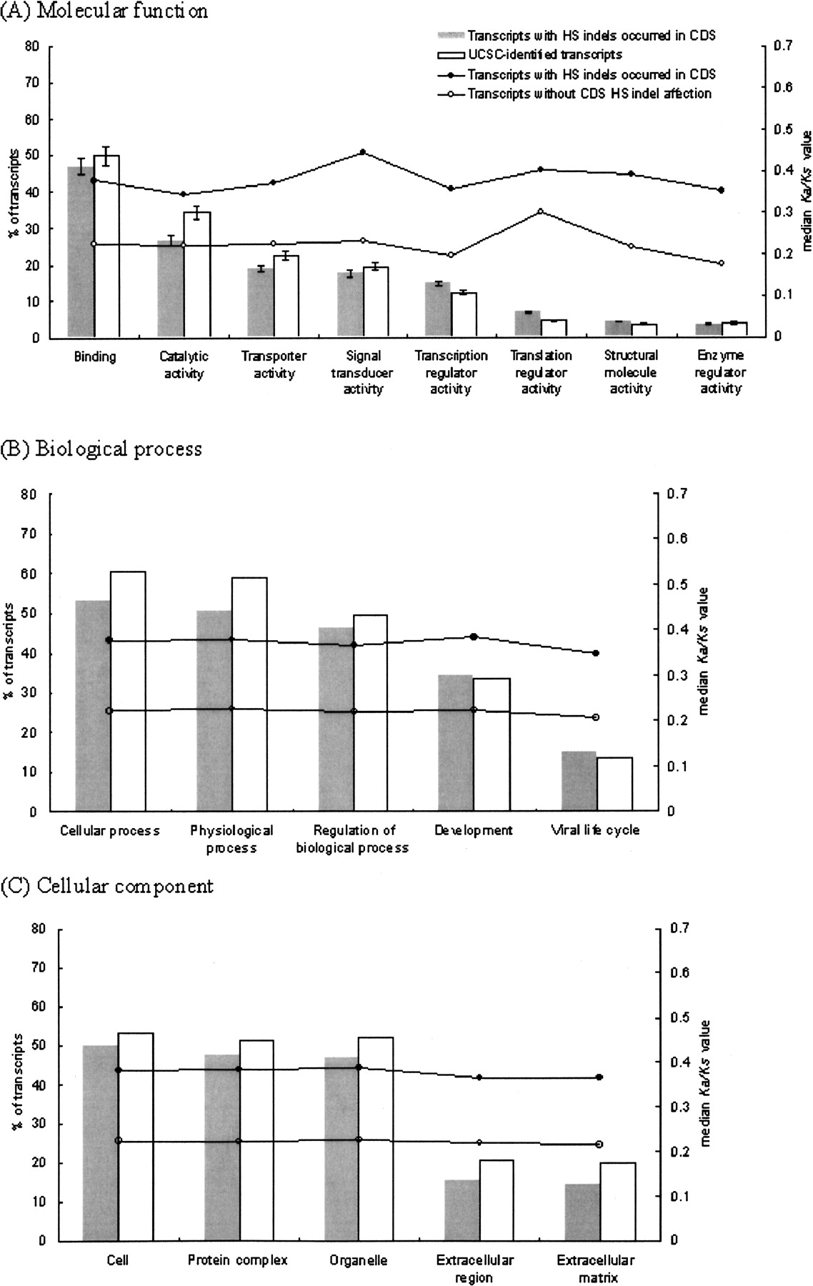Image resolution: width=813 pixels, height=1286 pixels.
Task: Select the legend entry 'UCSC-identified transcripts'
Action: (544, 55)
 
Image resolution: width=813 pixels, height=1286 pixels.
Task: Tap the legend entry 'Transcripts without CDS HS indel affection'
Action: (589, 94)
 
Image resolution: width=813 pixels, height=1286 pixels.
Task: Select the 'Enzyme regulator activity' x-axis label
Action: (720, 372)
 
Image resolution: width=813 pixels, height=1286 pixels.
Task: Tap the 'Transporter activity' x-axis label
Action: (274, 364)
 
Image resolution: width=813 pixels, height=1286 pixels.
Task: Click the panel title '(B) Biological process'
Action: (101, 449)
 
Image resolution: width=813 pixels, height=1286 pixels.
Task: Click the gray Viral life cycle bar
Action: (579, 782)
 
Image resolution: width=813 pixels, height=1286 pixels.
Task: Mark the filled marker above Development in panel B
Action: (474, 637)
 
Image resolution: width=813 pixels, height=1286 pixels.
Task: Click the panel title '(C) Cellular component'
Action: (107, 887)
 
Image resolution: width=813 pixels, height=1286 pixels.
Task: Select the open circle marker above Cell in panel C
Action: (119, 1141)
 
